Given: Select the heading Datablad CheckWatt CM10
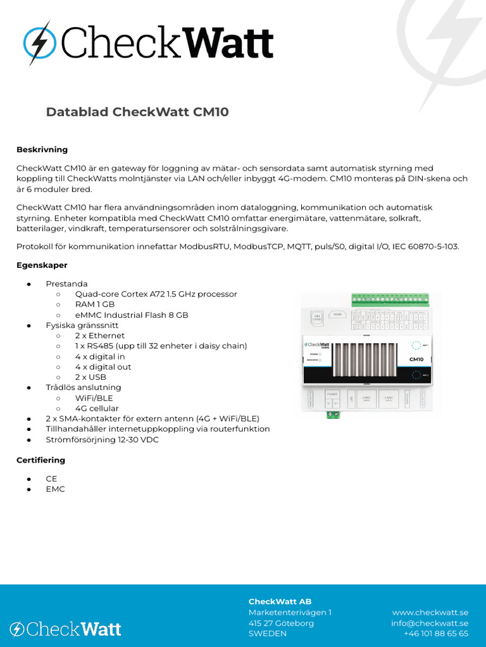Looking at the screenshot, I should coord(137,112).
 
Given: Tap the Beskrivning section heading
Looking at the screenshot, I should coord(42,150).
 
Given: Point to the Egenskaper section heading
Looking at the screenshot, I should coord(42,265).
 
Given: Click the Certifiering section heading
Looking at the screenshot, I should coord(40,461).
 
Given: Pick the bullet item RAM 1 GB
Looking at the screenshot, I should coord(94,305).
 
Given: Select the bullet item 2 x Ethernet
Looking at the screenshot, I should coord(99,336).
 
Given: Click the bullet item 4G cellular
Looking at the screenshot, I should coord(96,408).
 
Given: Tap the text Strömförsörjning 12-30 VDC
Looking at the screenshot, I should coord(102,440).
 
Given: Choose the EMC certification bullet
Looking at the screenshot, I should coord(55,489).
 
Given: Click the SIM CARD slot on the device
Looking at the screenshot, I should coord(317,317).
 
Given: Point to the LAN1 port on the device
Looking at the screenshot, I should coord(366,399).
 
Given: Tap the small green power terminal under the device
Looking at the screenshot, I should coord(332,414).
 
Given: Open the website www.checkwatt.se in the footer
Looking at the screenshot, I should coord(430,612).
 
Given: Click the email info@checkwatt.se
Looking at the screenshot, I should coord(429,623).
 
